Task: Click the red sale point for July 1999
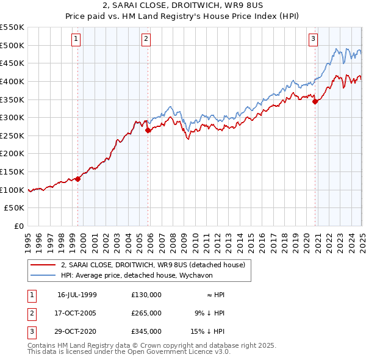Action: coord(78,179)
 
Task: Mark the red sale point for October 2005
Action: coord(148,130)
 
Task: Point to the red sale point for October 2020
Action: coord(315,101)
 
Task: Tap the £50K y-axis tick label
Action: coord(14,208)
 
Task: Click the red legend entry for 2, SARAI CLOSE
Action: coord(152,265)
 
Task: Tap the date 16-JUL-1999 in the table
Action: coord(77,295)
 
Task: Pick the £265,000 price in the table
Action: coord(146,313)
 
